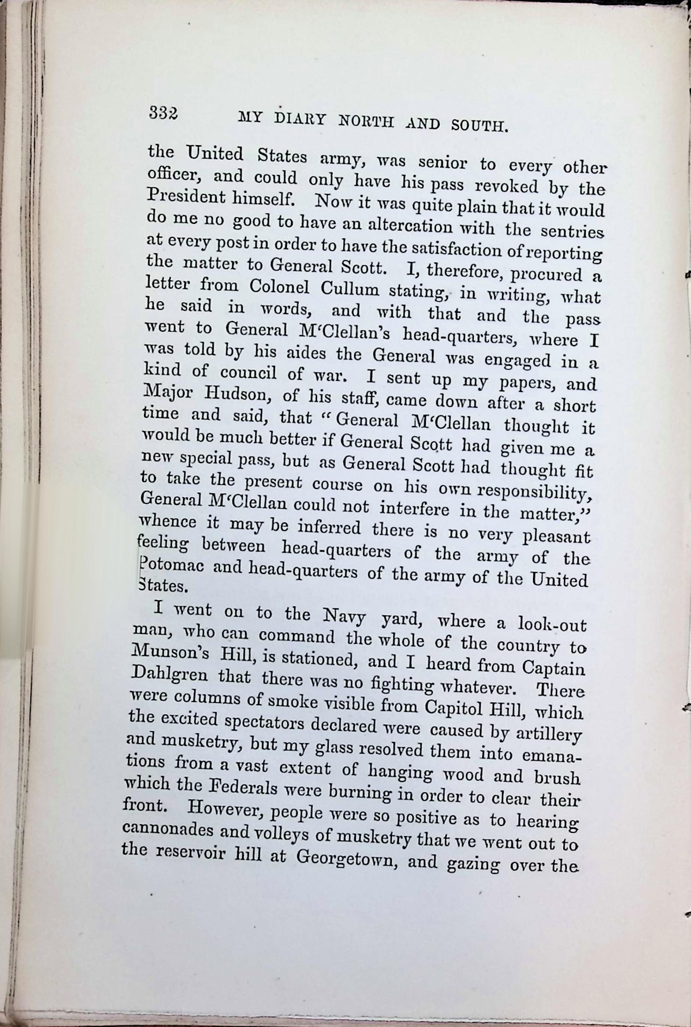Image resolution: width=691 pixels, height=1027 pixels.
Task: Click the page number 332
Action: tap(163, 114)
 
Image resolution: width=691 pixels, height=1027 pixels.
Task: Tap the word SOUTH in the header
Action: tap(480, 126)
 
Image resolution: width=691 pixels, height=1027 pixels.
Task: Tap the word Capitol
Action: tap(453, 707)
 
